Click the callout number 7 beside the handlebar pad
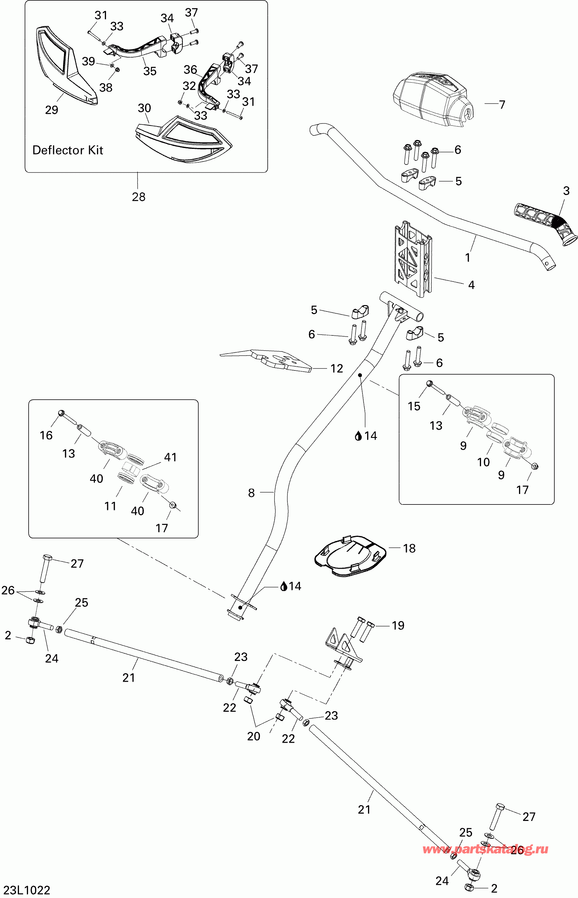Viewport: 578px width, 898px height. coord(502,105)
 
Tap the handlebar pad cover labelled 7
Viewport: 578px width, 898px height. coord(432,98)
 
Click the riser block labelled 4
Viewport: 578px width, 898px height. coord(413,259)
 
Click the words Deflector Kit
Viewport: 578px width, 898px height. coord(67,150)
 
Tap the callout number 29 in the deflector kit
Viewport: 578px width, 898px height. coord(52,110)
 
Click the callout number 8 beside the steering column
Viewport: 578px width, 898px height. coord(251,493)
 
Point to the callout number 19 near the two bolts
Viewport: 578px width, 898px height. coord(398,625)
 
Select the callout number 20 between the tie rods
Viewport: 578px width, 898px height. coord(254,736)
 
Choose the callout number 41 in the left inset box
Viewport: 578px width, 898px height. coord(170,457)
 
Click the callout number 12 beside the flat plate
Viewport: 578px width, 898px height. coord(337,369)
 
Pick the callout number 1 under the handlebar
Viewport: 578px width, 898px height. coord(468,258)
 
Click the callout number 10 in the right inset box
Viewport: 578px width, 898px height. coord(483,462)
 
